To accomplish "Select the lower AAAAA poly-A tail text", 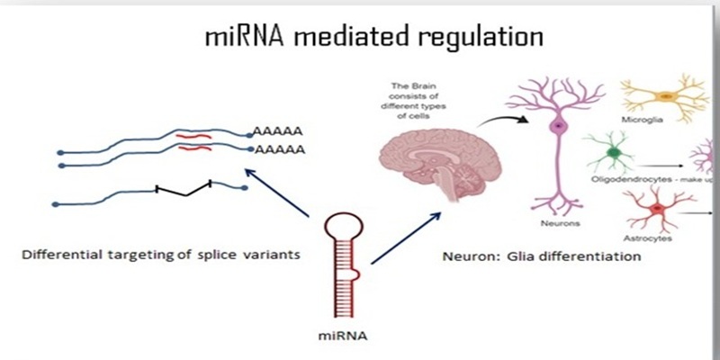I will tap(277, 148).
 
